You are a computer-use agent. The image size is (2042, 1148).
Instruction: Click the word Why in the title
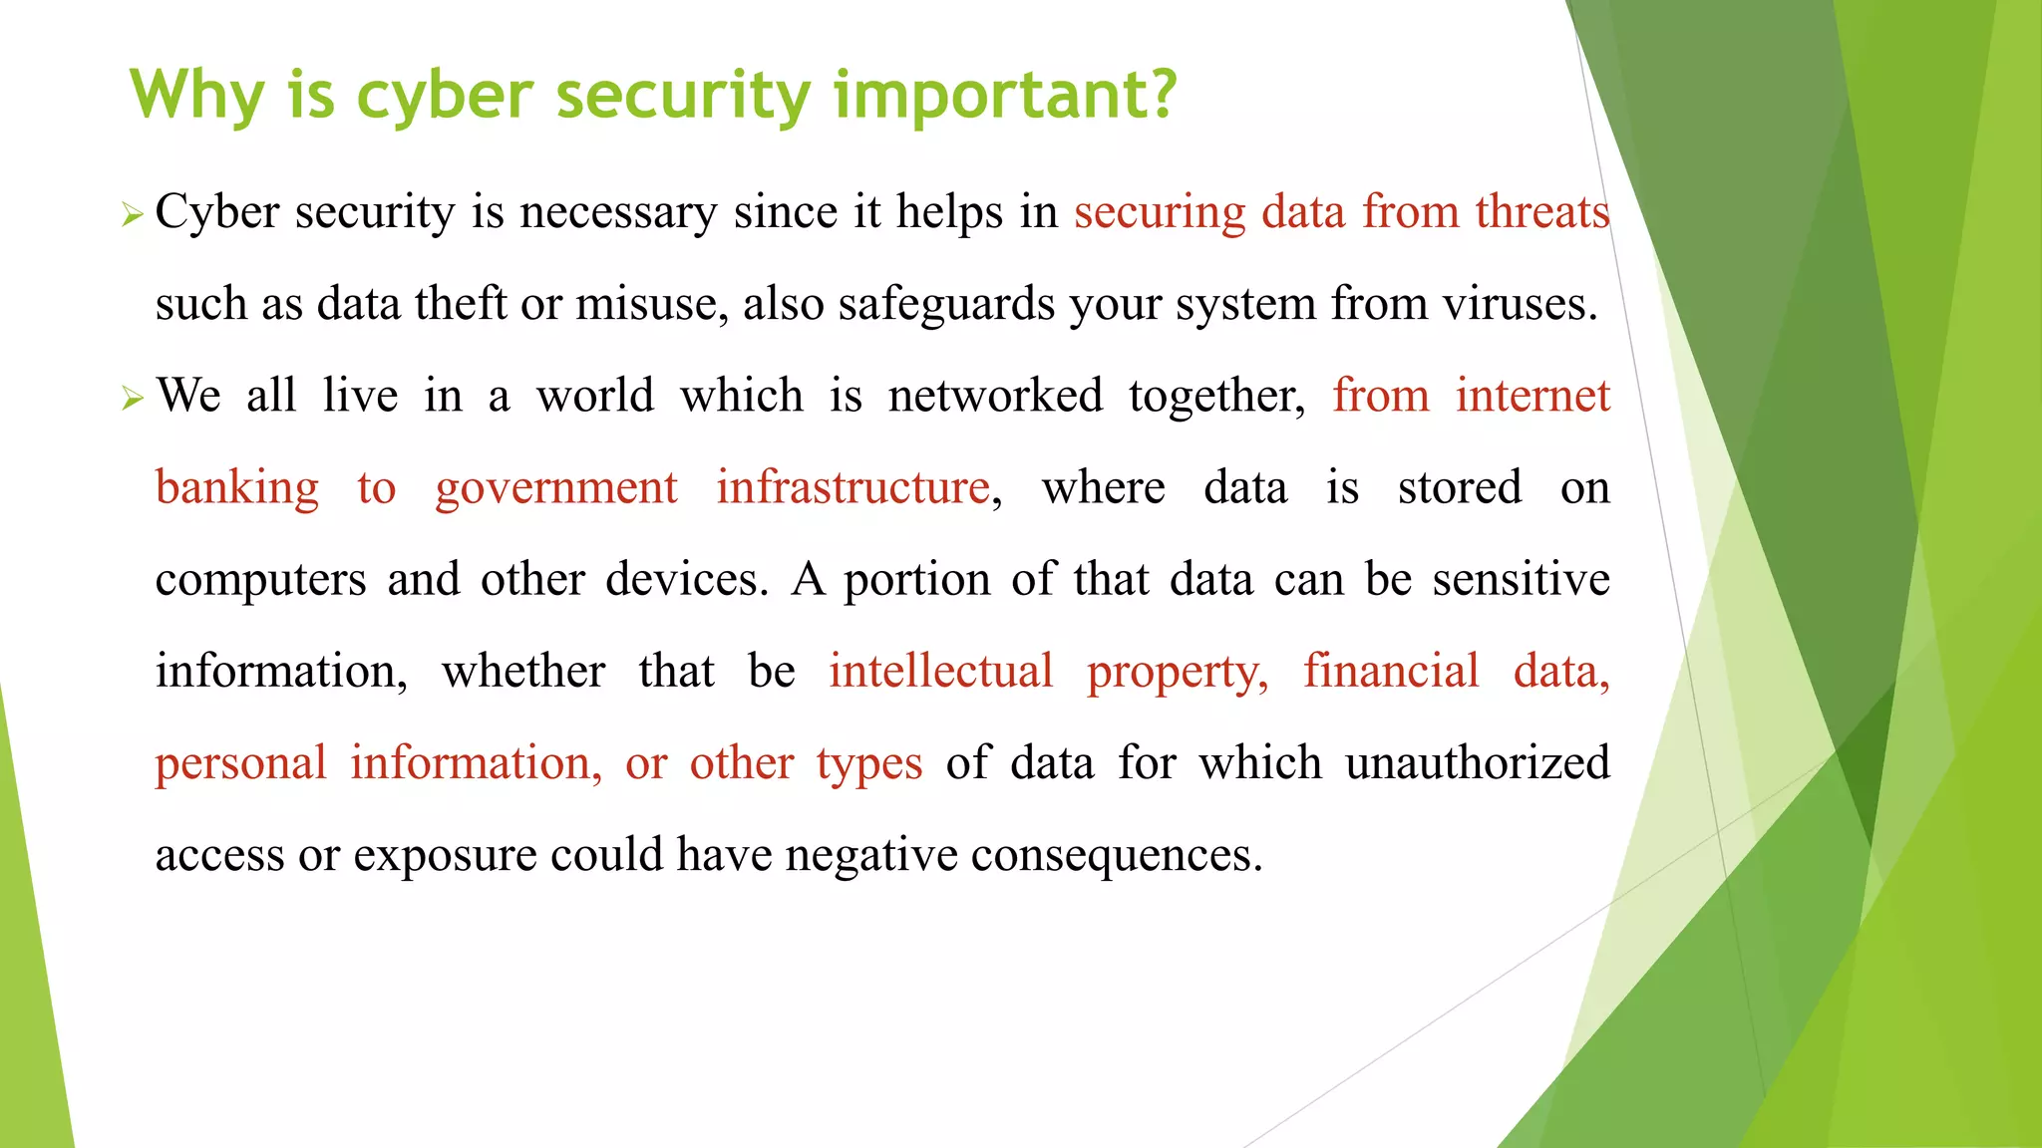click(x=197, y=97)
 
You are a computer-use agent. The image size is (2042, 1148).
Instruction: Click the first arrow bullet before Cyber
click(x=133, y=214)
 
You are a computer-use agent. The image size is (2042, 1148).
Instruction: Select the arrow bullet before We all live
click(x=133, y=399)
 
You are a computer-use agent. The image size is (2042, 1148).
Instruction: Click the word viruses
click(x=1521, y=304)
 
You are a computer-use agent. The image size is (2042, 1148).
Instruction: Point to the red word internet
click(x=1532, y=396)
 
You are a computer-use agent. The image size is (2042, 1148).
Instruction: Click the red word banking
click(x=237, y=488)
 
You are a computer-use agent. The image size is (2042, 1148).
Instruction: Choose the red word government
click(x=556, y=488)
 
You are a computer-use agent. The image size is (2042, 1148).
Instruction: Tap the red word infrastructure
click(x=853, y=488)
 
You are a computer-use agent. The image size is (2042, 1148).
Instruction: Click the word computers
click(x=261, y=580)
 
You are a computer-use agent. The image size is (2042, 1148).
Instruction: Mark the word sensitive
click(x=1521, y=580)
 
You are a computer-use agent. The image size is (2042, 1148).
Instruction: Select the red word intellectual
click(x=940, y=671)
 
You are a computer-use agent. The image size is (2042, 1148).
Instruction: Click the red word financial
click(x=1391, y=671)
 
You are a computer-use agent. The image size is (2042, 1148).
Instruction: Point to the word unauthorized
click(x=1478, y=763)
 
